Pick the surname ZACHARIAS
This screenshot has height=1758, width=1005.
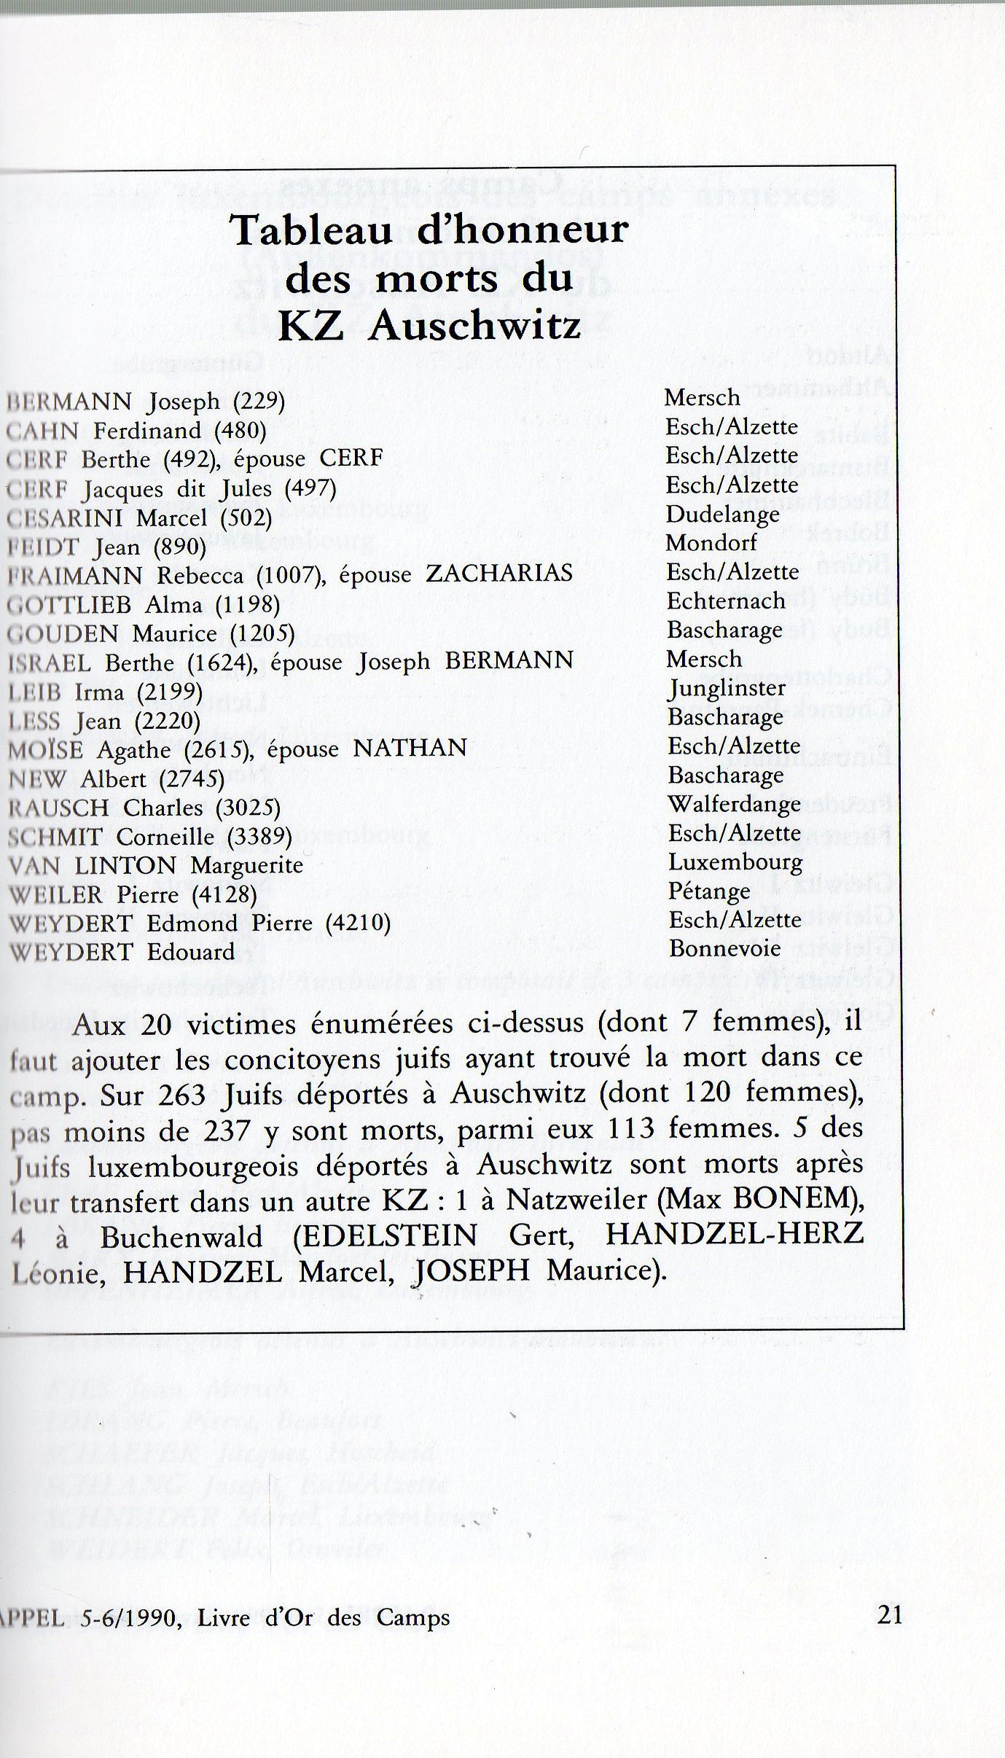click(x=498, y=574)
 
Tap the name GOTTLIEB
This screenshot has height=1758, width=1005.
click(x=69, y=604)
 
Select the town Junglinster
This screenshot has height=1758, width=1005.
click(x=727, y=688)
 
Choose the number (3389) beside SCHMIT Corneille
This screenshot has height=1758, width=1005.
click(x=259, y=837)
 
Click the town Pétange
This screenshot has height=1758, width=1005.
click(x=709, y=891)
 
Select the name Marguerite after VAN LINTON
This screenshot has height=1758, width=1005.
click(x=247, y=866)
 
